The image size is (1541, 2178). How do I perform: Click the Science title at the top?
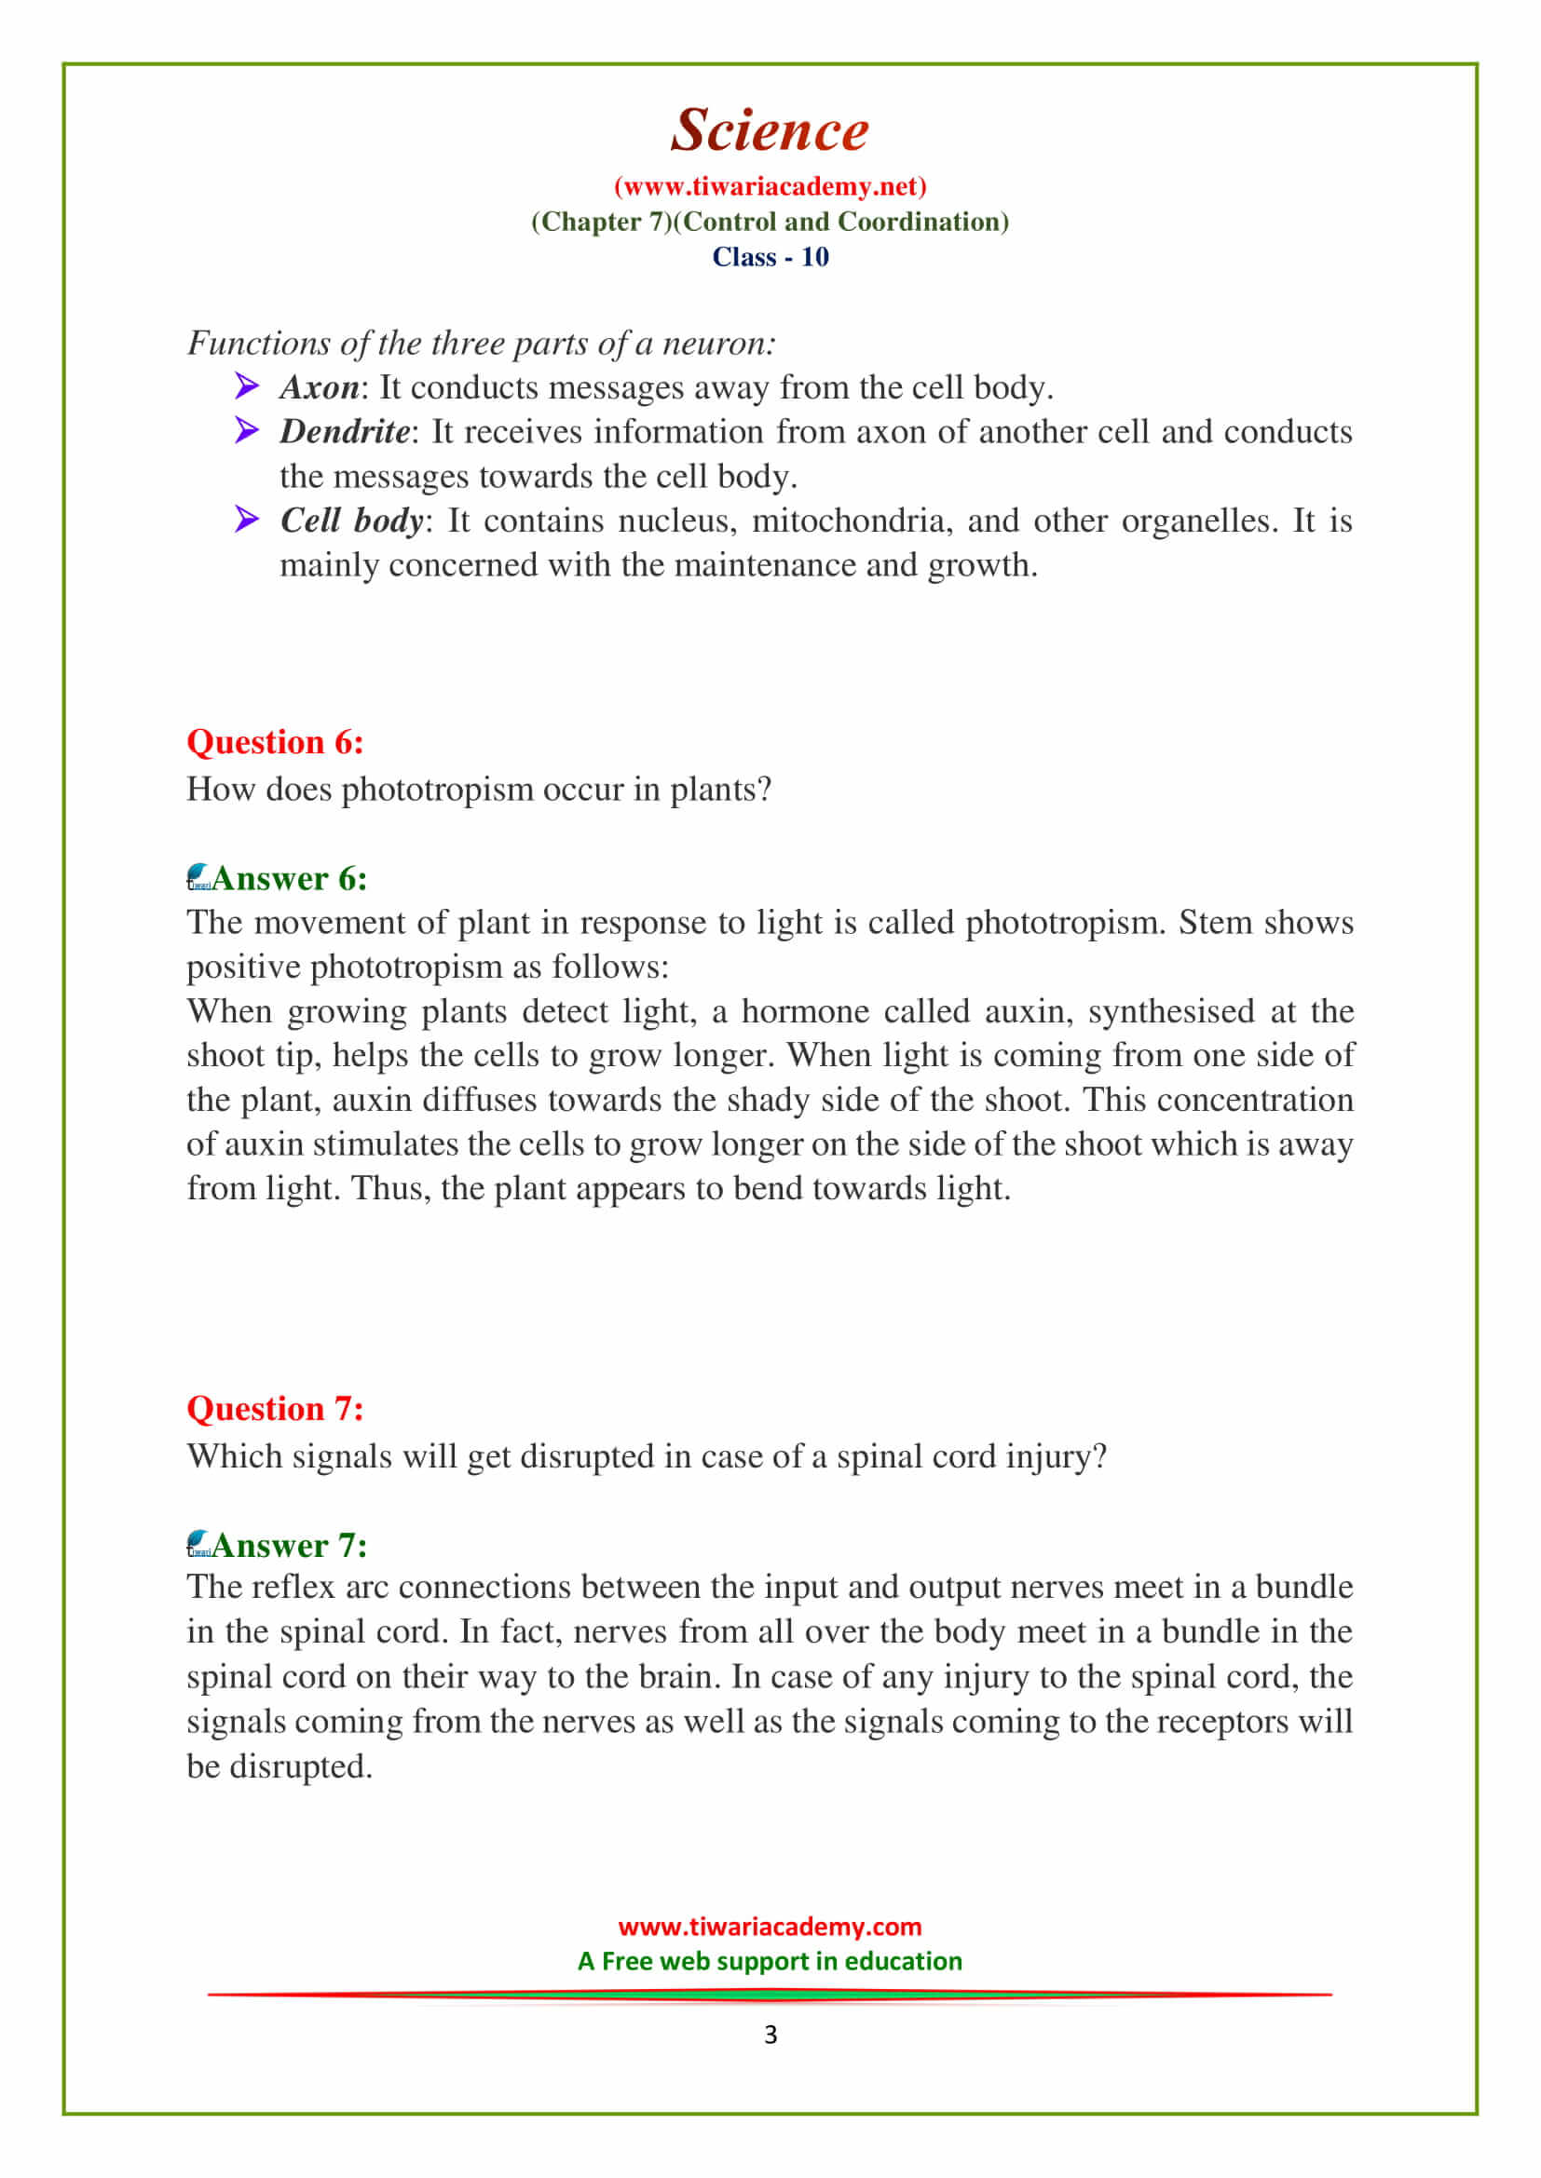click(770, 130)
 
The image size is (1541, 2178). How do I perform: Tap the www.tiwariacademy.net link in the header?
click(770, 186)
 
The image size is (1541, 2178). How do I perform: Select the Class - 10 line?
click(770, 257)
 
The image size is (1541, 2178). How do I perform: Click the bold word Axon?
click(320, 387)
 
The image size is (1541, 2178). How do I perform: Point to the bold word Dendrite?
click(345, 432)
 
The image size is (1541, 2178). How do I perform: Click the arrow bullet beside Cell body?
click(247, 519)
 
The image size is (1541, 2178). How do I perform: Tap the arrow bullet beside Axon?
click(247, 386)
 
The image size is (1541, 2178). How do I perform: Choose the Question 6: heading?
click(275, 742)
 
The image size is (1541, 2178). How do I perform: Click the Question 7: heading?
click(275, 1409)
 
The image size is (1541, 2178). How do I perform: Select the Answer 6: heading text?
click(290, 878)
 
